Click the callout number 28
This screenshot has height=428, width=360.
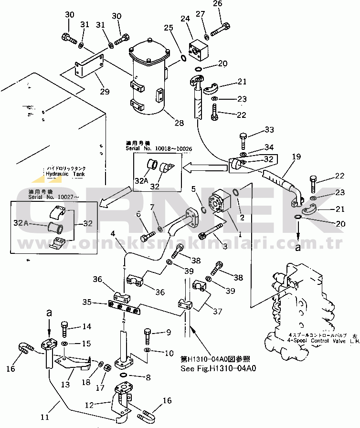click(179, 123)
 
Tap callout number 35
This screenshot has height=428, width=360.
click(87, 302)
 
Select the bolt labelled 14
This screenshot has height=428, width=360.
click(64, 330)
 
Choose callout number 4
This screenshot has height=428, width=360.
click(113, 234)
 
